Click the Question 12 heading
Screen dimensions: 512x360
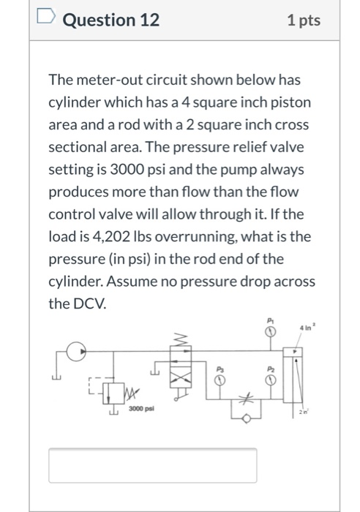click(110, 20)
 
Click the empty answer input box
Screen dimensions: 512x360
click(152, 465)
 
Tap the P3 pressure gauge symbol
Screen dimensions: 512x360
click(218, 380)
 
